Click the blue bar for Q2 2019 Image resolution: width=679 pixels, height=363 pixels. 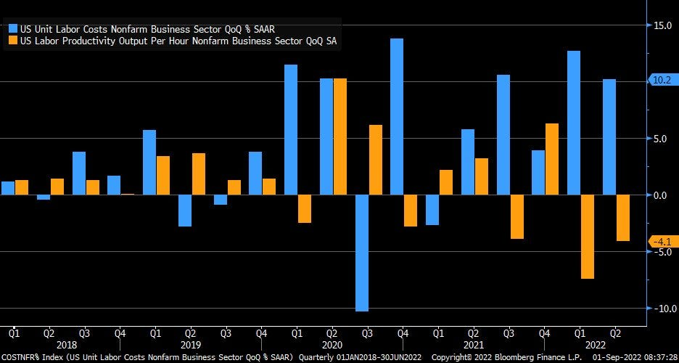pos(185,211)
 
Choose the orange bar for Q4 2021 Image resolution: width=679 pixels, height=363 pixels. pos(552,159)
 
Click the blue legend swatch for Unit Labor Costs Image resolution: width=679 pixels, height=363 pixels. pos(13,29)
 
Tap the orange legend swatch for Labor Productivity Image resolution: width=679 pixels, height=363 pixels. pos(13,41)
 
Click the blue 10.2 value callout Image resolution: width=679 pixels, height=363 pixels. pos(662,81)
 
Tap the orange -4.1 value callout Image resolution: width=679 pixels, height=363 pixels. pos(663,242)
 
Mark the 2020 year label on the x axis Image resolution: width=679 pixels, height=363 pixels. pos(332,346)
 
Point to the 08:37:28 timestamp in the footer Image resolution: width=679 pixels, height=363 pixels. pos(656,357)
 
